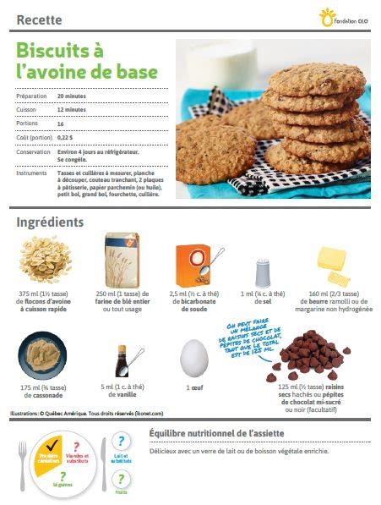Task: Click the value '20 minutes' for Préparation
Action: pos(73,97)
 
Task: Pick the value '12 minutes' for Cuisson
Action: pos(72,110)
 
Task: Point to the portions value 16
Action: pos(61,124)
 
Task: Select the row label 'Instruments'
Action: pos(31,173)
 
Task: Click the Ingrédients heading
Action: pos(50,222)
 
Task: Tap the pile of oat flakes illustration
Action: pos(41,261)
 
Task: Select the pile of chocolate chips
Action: pos(306,356)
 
